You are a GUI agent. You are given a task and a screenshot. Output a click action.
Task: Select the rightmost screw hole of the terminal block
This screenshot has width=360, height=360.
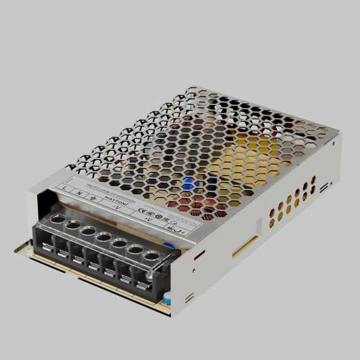(x=151, y=256)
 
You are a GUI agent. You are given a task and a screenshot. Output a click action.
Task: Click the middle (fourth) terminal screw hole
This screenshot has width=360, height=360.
(x=103, y=237)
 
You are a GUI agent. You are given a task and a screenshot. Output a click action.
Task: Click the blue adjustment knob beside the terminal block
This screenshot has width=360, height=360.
(x=169, y=247)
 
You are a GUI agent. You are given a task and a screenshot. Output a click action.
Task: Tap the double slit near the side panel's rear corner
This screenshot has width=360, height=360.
(x=323, y=187)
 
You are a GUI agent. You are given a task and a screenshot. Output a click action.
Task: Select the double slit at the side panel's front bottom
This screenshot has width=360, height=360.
(x=189, y=296)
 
